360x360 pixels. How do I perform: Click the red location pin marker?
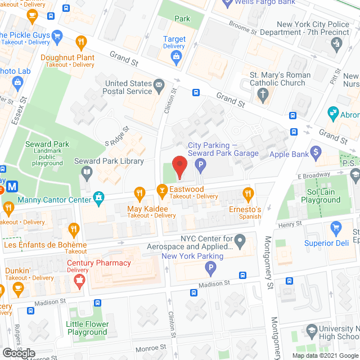[179, 167]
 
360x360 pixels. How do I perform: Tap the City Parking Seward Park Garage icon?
[200, 165]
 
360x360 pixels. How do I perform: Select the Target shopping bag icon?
[177, 56]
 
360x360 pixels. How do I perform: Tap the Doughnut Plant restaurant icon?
[82, 42]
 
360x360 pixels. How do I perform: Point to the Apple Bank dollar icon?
[316, 152]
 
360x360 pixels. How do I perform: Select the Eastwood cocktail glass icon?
[161, 190]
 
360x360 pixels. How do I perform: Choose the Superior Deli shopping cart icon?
[336, 228]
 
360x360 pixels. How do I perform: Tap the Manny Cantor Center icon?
[100, 197]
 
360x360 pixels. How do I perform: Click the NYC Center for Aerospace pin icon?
[240, 242]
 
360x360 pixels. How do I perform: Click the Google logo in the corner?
[18, 353]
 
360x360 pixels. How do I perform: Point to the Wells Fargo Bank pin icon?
[227, 3]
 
